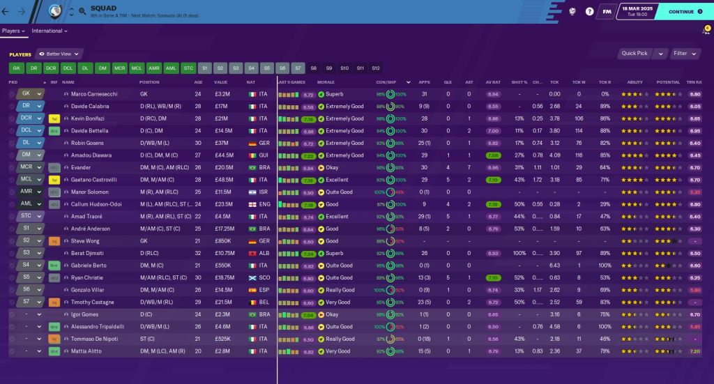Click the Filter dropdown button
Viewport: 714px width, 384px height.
click(683, 53)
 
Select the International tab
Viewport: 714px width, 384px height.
click(49, 31)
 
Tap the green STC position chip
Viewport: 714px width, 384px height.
click(188, 68)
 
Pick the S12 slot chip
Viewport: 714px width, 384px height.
click(376, 68)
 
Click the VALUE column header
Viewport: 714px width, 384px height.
click(220, 82)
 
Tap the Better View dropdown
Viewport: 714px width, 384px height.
click(59, 54)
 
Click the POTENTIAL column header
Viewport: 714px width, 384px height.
click(667, 82)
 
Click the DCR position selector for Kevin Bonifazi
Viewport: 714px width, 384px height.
click(26, 118)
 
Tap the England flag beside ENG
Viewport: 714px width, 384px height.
click(251, 204)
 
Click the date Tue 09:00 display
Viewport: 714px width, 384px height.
click(639, 15)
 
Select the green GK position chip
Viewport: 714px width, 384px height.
click(17, 68)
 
